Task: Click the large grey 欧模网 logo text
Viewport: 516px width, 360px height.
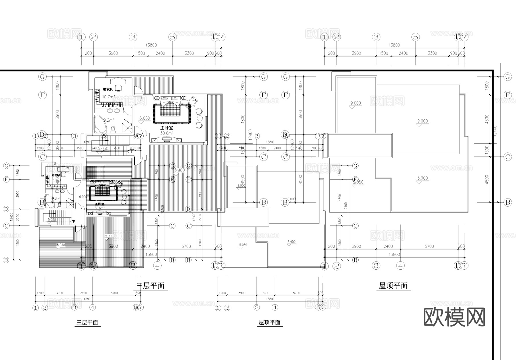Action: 454,317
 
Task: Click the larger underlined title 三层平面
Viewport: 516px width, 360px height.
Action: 150,286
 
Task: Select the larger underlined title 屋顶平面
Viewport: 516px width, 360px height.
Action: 393,286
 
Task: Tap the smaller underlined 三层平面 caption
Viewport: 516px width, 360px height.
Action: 87,322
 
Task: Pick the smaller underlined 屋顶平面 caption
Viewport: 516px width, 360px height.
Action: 269,322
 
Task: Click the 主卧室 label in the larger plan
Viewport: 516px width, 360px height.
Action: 167,128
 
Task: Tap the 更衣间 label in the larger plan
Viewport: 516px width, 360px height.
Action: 108,89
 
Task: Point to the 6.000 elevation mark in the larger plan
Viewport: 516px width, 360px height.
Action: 144,118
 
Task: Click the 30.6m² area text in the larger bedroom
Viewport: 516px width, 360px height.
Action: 167,133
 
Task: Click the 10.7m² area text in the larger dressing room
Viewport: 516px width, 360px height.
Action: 108,97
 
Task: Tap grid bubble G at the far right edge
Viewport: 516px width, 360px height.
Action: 508,77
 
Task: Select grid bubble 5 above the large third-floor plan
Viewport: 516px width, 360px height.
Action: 172,37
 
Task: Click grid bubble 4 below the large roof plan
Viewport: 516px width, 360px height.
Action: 400,266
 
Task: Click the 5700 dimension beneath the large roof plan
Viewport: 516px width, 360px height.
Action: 429,246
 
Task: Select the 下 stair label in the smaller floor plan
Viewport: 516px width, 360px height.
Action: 73,221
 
